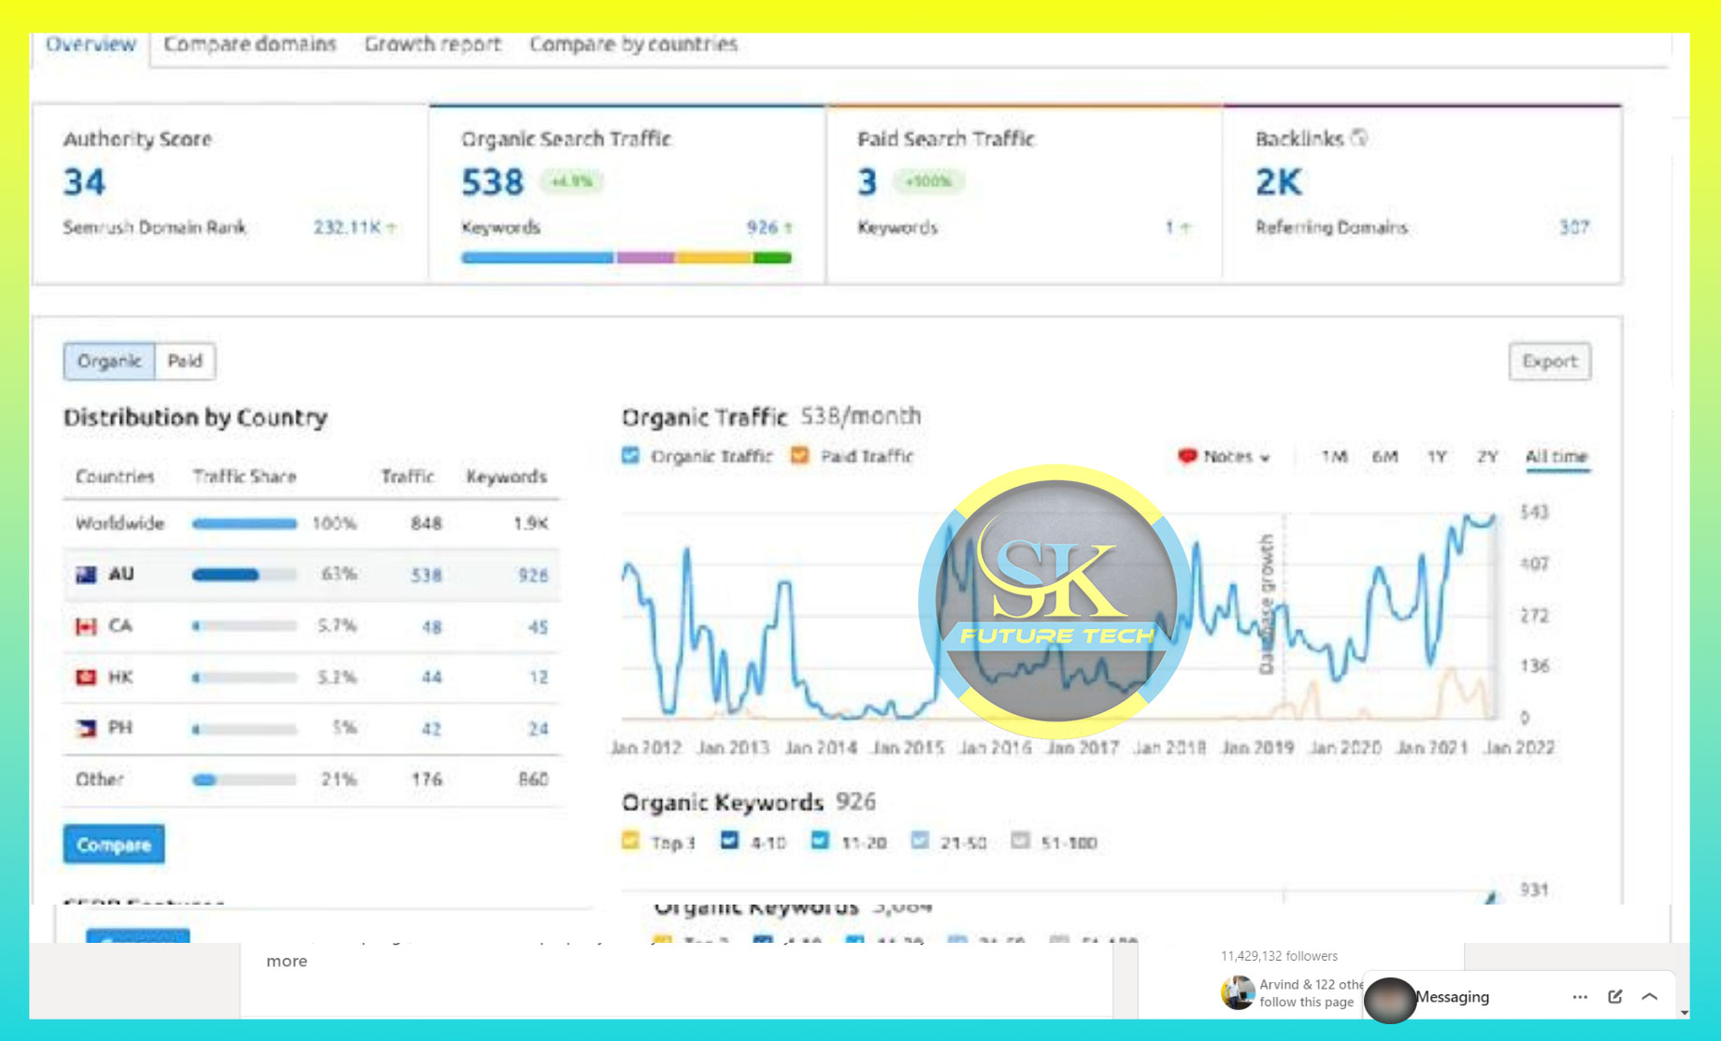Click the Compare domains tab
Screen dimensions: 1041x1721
click(x=250, y=44)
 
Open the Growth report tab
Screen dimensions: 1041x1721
click(x=433, y=44)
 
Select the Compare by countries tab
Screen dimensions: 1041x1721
click(x=633, y=44)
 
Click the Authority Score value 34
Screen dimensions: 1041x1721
click(x=84, y=182)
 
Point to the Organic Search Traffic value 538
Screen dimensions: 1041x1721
click(x=493, y=182)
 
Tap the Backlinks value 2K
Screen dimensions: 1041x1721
click(x=1278, y=182)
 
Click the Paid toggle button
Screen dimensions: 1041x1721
click(x=185, y=361)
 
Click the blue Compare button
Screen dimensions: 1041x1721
click(x=114, y=845)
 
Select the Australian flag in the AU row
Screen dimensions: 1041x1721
click(x=86, y=575)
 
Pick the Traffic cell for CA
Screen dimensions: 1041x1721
click(x=431, y=626)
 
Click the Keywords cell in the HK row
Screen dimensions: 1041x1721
click(x=538, y=677)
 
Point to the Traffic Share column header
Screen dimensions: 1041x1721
click(x=244, y=477)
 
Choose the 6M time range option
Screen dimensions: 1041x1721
click(x=1384, y=457)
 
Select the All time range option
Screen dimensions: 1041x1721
click(x=1556, y=457)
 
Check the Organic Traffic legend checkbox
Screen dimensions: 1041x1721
click(x=631, y=456)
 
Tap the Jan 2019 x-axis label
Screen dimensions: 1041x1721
click(x=1257, y=748)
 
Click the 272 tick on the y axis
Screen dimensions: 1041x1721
click(x=1534, y=616)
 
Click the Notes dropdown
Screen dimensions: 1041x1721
click(x=1225, y=457)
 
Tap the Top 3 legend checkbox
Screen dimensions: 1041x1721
click(x=631, y=841)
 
